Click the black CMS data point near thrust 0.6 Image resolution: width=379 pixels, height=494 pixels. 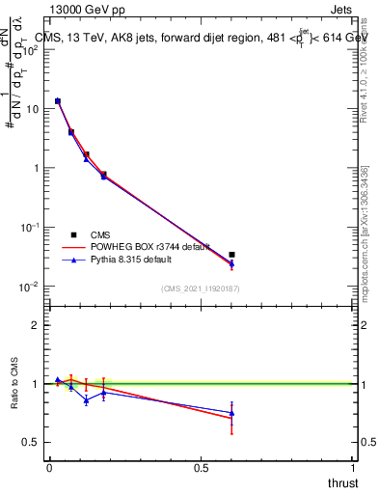click(231, 255)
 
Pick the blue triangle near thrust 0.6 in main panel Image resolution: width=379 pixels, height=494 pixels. click(231, 263)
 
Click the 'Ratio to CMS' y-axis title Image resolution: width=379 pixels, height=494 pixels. click(16, 384)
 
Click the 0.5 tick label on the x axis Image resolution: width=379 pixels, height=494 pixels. click(201, 468)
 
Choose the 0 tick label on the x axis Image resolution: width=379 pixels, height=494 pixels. click(49, 468)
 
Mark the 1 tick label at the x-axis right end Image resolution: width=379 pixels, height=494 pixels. click(353, 468)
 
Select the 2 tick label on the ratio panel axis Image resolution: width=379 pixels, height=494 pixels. click(36, 325)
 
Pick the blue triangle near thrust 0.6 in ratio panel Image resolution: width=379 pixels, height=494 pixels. click(231, 413)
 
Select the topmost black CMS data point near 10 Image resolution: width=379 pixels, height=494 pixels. click(58, 101)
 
